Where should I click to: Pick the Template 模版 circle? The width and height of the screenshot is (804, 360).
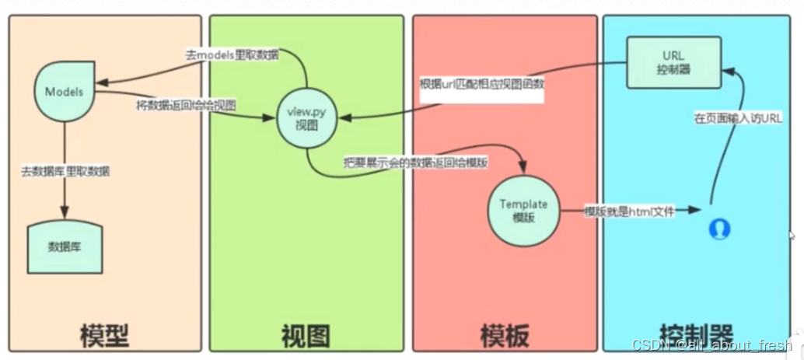click(523, 210)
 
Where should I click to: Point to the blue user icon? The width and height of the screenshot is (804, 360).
click(720, 227)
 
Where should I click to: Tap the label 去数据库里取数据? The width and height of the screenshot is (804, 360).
click(65, 170)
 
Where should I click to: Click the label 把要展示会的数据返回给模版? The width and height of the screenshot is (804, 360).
click(416, 163)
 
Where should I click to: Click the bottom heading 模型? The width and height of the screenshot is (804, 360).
click(103, 334)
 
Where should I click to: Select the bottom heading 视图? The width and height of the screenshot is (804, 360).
click(305, 334)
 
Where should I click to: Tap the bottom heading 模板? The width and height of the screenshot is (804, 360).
click(505, 334)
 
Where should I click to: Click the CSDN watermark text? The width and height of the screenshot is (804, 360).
click(711, 345)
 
